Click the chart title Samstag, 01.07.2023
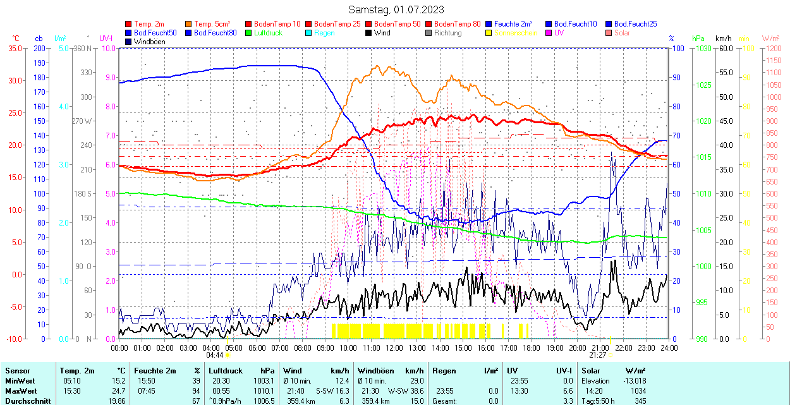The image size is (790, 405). [x=396, y=9]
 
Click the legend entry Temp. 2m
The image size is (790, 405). [x=149, y=24]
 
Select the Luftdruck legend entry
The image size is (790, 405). [x=267, y=33]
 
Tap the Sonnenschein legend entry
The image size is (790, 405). [x=516, y=33]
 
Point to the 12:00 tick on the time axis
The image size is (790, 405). [x=394, y=348]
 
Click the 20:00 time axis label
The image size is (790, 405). [x=578, y=348]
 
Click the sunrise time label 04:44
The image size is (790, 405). [x=215, y=355]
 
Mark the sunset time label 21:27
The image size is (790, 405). [x=598, y=355]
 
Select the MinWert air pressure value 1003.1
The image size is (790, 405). [x=264, y=381]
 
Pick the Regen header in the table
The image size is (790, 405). [x=444, y=371]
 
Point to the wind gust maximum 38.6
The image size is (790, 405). [x=414, y=391]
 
